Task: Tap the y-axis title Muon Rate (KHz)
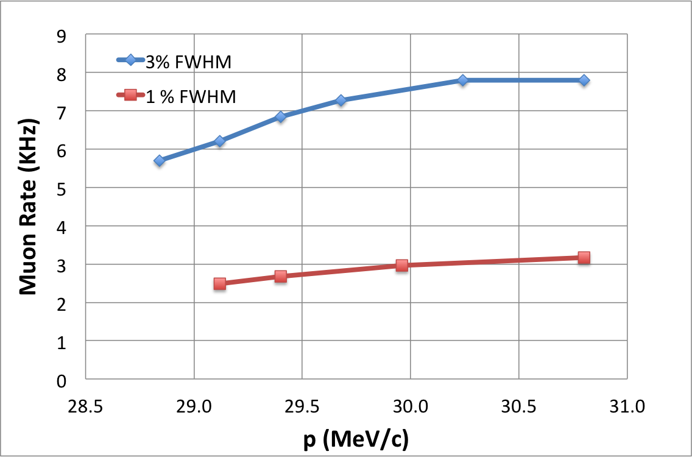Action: [x=29, y=207]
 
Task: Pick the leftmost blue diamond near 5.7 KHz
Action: [x=160, y=161]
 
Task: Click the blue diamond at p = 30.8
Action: [x=584, y=80]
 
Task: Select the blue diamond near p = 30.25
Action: [x=463, y=80]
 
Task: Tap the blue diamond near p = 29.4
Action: [x=280, y=117]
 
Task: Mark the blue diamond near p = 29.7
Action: [x=341, y=100]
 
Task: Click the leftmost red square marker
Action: [x=220, y=284]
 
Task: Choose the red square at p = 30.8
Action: [x=584, y=258]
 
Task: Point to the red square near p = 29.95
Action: [x=401, y=265]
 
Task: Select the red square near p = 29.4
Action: [x=280, y=276]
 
